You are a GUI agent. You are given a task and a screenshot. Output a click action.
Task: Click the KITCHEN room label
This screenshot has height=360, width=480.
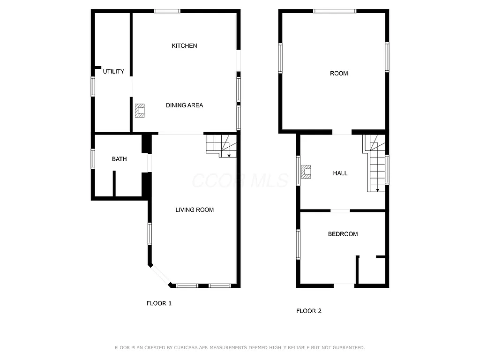point(184,46)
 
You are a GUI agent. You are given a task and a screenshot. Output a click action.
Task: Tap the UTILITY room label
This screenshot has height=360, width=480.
point(113,72)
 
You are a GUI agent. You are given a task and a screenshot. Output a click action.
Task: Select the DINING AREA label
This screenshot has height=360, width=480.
point(184,105)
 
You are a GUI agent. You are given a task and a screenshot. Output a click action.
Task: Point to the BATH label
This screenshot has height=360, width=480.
point(119,159)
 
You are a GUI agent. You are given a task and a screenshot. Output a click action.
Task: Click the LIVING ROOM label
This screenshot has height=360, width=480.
point(195,210)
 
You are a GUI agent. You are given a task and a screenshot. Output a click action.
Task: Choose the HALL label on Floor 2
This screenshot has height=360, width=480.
point(340,173)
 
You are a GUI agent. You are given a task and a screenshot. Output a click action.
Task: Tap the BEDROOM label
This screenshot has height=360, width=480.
point(343,234)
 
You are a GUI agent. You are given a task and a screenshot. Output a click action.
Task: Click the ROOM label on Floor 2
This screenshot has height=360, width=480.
point(339,74)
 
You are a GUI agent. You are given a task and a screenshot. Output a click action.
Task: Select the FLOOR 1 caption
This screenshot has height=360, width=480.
point(159,303)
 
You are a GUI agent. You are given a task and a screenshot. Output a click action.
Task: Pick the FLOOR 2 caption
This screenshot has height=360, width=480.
point(309,311)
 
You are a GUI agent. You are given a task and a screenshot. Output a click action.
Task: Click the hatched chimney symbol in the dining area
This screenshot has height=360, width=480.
point(140,110)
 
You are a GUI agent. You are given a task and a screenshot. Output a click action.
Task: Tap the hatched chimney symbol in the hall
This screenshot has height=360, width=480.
point(307,172)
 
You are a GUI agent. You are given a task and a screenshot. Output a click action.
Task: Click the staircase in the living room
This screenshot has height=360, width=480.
point(221,145)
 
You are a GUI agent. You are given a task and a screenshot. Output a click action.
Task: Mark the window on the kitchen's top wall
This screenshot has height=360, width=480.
point(167,11)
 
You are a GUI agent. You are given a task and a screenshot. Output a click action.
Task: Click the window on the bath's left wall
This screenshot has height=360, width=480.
point(93,158)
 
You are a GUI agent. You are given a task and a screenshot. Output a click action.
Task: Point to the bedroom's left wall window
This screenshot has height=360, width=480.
point(298,244)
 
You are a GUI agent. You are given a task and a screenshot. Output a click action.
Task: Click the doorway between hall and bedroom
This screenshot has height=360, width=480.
point(340,210)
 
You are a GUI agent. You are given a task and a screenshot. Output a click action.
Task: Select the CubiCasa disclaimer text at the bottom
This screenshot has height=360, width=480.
point(240,348)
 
